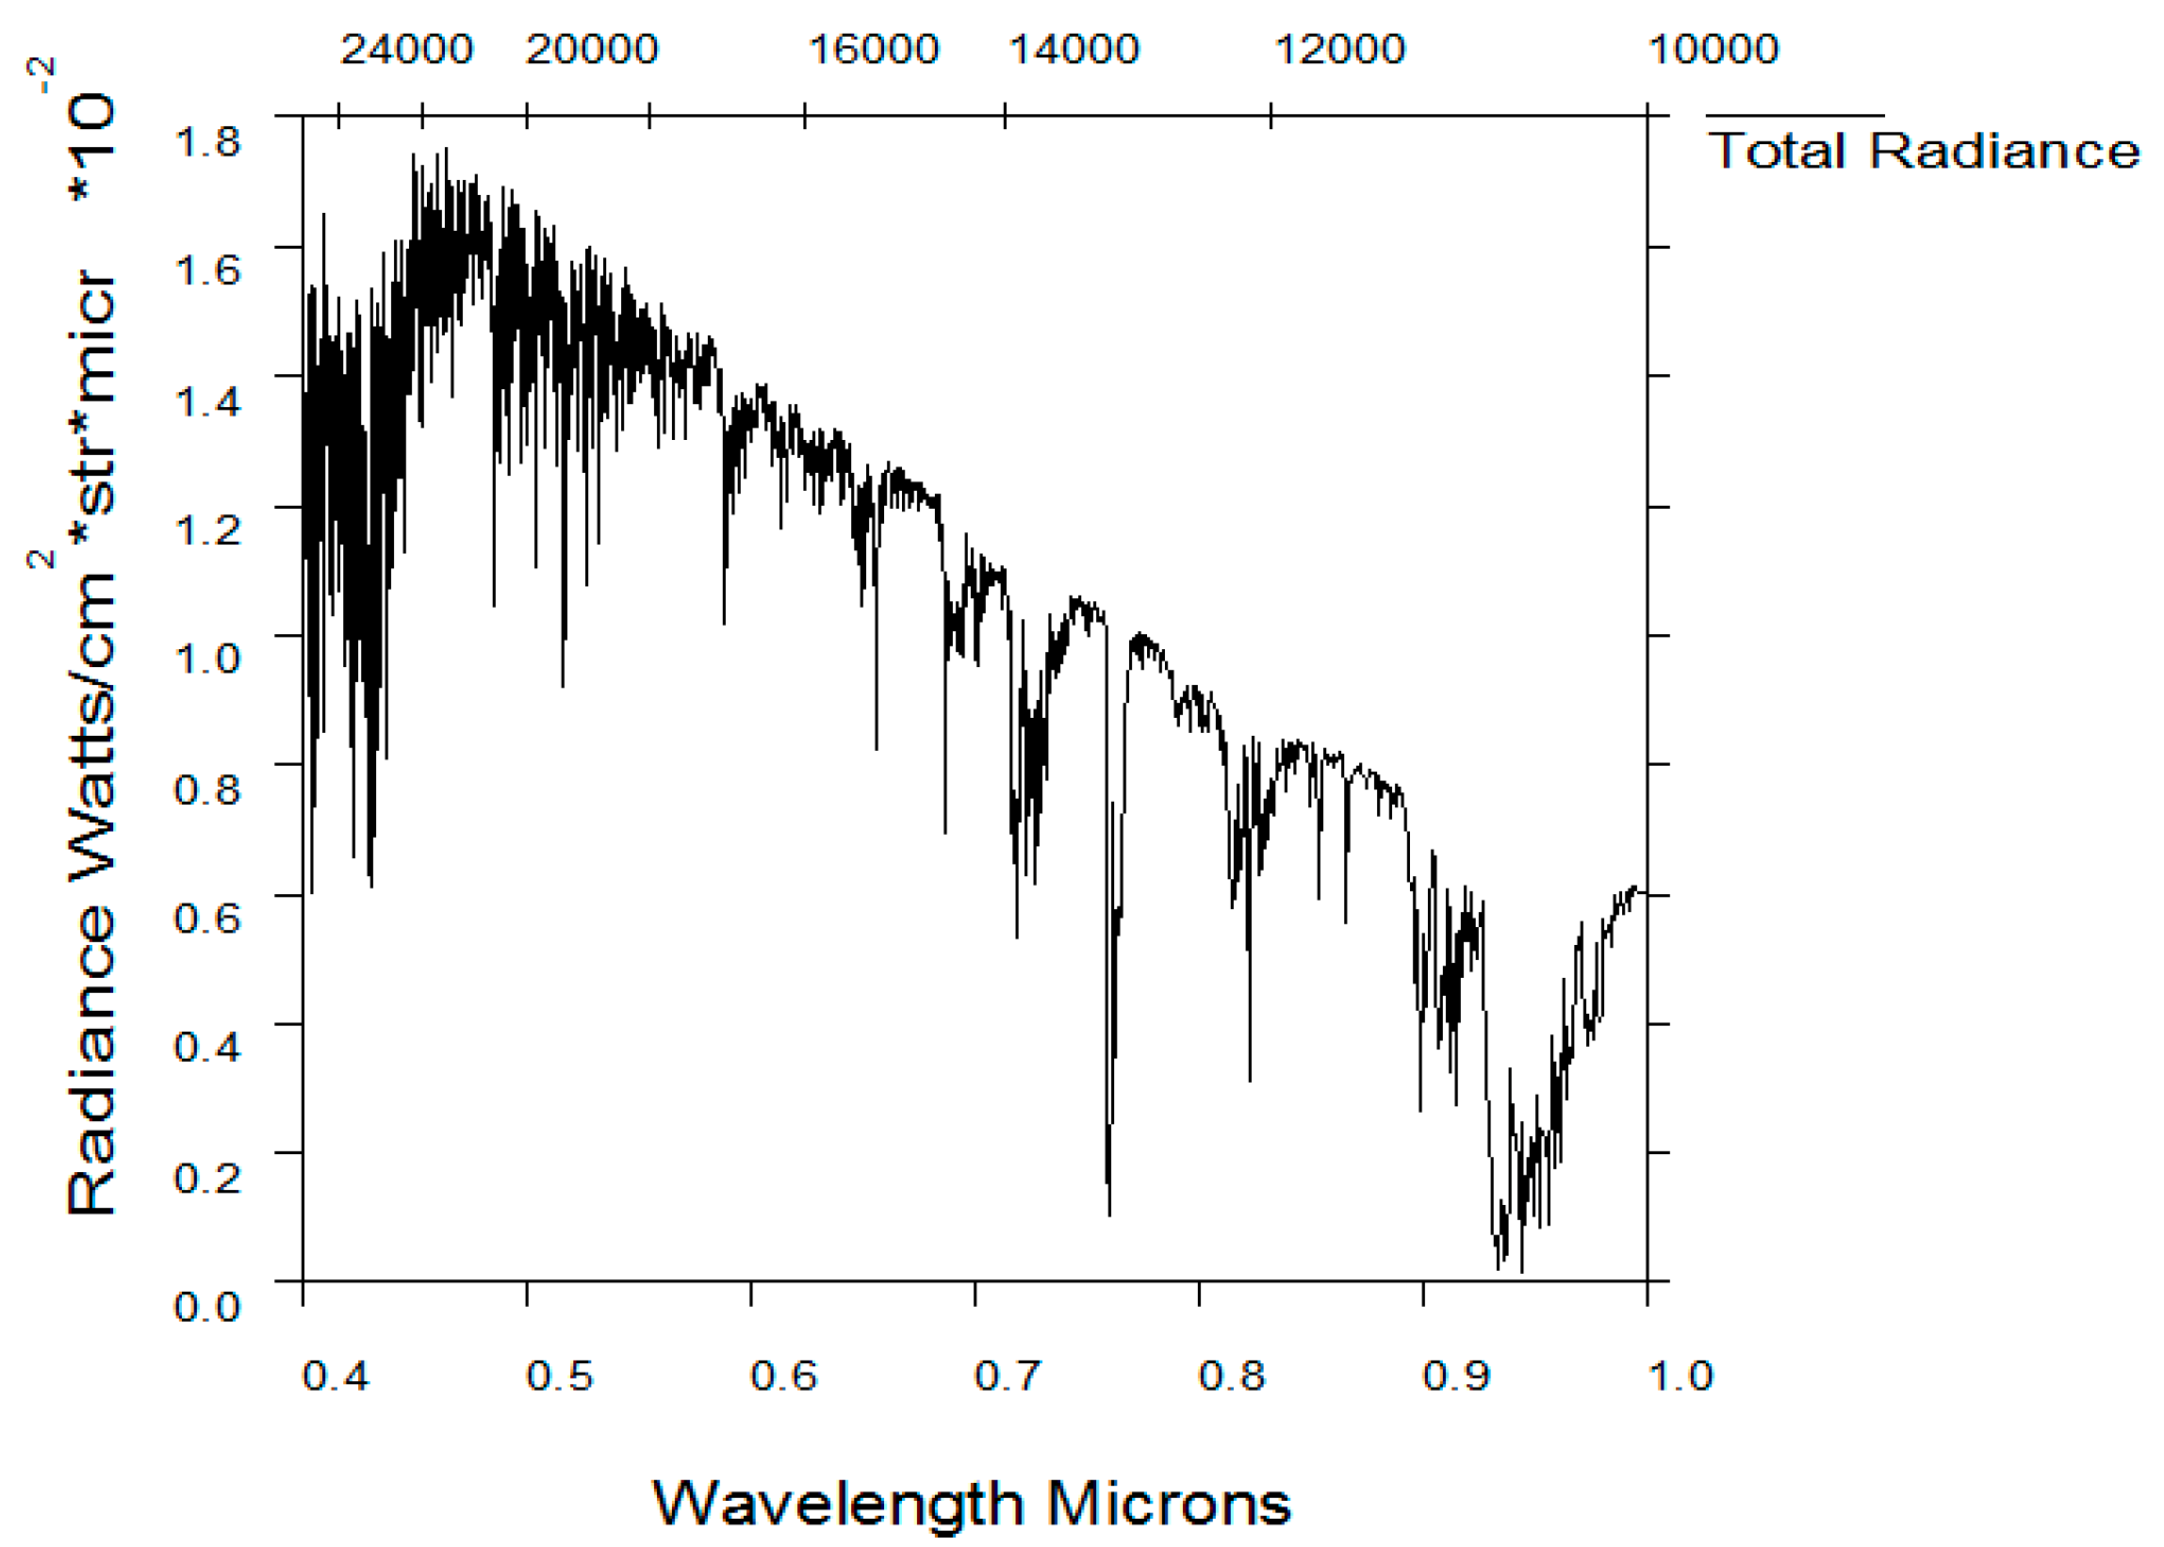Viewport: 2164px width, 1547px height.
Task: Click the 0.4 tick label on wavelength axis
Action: coord(336,1376)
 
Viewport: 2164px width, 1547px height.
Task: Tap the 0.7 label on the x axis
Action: coord(1008,1376)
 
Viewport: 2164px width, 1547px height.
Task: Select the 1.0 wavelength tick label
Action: coord(1680,1376)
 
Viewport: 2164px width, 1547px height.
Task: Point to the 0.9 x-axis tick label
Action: coord(1456,1376)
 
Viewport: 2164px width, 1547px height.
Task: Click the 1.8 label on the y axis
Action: coord(207,143)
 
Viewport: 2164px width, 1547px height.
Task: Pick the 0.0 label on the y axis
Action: coord(207,1305)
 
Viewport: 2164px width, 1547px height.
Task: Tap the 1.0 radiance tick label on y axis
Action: coord(207,658)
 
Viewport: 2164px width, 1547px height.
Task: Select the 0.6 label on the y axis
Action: coord(207,918)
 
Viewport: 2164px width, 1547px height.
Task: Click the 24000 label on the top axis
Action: coord(407,50)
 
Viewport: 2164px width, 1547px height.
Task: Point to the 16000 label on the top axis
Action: coord(874,50)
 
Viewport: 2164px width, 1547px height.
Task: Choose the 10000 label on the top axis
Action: coord(1713,50)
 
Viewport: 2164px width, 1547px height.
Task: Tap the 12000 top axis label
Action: coord(1339,50)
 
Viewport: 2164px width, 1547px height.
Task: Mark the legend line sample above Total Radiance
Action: coord(1795,115)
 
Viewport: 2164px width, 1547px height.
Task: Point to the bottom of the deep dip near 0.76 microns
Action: coord(1109,1213)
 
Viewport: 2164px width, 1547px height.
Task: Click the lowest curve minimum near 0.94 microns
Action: coord(1522,1270)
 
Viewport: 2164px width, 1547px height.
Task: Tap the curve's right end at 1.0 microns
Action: coord(1645,892)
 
